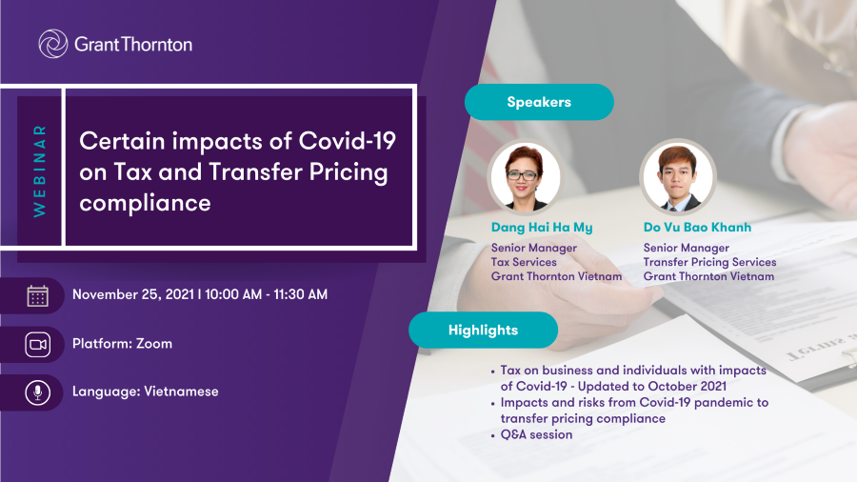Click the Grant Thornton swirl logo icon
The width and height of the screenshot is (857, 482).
(x=53, y=44)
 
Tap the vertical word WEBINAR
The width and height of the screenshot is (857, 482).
(x=39, y=171)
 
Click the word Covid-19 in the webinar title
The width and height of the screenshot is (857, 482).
(x=347, y=141)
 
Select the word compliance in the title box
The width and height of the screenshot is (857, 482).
(x=145, y=203)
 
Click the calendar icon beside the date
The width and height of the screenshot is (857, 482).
(x=38, y=295)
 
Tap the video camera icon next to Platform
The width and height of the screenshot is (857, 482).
(x=38, y=344)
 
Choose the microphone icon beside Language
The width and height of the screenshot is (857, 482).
(x=38, y=392)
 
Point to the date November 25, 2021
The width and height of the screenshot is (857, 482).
(x=133, y=294)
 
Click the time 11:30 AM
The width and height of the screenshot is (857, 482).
(x=300, y=294)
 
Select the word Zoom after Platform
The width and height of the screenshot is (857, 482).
(x=154, y=344)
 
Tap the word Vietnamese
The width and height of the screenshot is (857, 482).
(x=181, y=392)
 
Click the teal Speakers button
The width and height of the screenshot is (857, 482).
(x=539, y=102)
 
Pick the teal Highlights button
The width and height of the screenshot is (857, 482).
(x=483, y=331)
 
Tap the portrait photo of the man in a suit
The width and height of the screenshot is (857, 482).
(x=678, y=176)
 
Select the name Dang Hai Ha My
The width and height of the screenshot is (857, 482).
(x=542, y=228)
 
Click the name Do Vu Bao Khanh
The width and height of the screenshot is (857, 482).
(x=697, y=228)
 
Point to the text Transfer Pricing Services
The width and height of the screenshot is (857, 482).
(x=710, y=262)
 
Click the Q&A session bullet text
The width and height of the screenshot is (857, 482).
(x=537, y=435)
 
